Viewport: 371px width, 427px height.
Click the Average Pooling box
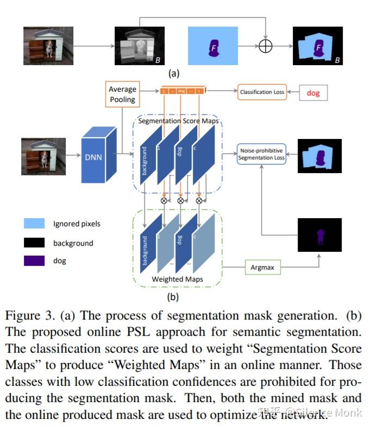click(x=122, y=94)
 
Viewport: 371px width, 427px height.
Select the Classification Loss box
click(x=262, y=92)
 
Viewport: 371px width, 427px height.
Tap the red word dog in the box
click(x=313, y=93)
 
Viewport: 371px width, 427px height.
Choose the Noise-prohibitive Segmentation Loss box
click(x=261, y=154)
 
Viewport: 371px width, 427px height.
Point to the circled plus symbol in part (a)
click(x=265, y=47)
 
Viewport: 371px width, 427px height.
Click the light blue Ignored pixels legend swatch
click(x=34, y=224)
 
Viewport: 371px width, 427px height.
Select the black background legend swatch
click(x=34, y=243)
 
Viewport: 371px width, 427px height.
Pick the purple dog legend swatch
click(x=34, y=261)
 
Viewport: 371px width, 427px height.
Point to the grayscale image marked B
click(x=139, y=46)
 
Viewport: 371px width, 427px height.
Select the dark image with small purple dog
click(x=319, y=234)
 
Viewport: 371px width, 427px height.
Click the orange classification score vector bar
click(x=181, y=92)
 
